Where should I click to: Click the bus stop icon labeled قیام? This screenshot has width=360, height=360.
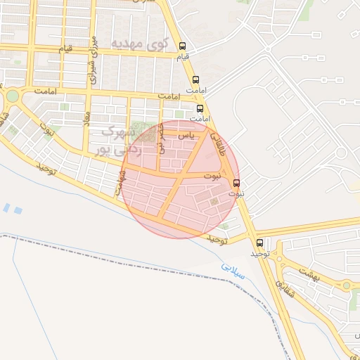[x=184, y=44]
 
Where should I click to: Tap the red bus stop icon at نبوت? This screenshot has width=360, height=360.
[x=236, y=184]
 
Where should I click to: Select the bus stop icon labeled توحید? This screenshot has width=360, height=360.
[x=260, y=243]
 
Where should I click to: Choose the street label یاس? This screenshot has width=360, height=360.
[x=185, y=134]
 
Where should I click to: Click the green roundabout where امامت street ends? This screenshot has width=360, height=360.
[x=12, y=96]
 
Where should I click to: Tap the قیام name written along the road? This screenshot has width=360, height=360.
[x=65, y=49]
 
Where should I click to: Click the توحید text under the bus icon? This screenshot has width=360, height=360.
[x=261, y=253]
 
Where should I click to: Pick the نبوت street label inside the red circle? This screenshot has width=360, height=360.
[x=211, y=174]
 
